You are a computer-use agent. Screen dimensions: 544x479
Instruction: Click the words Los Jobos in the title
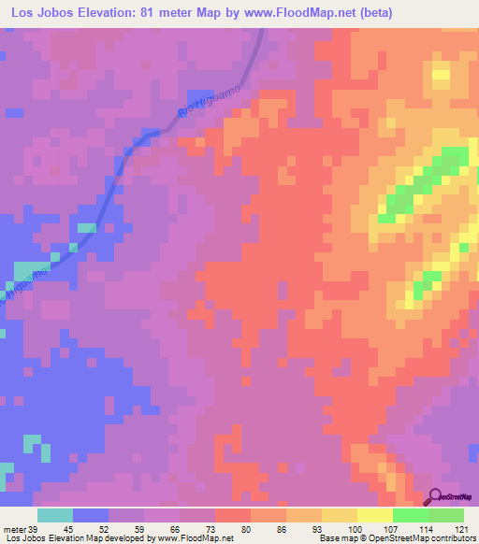41,12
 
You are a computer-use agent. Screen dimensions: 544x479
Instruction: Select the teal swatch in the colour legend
54,515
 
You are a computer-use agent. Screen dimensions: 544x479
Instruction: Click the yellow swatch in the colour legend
374,515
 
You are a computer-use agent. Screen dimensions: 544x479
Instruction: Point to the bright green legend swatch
410,515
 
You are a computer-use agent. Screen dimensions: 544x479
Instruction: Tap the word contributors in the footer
452,539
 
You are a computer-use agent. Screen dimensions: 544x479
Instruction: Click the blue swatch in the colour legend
90,515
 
